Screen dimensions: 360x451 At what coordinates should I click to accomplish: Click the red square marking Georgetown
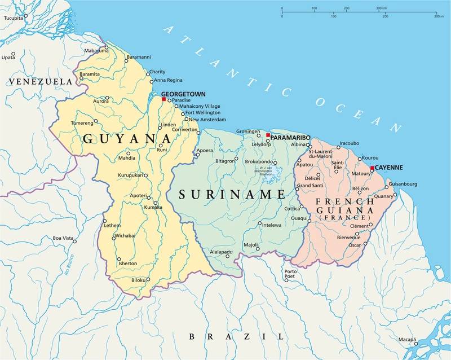pos(164,99)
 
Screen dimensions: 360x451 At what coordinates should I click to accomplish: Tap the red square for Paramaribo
pos(268,135)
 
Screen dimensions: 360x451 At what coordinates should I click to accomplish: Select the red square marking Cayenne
pos(372,168)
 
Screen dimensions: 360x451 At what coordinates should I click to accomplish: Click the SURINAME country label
pos(232,195)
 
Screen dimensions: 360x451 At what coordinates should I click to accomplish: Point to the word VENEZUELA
pos(41,82)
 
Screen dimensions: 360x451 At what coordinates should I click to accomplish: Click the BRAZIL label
pos(236,336)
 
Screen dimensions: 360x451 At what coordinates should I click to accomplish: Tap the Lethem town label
pos(112,226)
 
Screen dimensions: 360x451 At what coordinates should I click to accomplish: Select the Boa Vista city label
pos(64,238)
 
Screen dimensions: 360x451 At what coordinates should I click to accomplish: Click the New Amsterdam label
pos(207,120)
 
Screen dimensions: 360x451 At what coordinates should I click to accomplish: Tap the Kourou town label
pos(369,157)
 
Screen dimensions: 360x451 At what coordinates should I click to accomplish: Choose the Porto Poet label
pos(290,274)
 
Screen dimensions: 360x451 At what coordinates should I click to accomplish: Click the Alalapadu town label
pos(221,251)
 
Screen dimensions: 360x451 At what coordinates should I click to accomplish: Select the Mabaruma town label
pos(96,50)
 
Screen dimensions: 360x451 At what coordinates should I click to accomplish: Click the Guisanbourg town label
pos(401,184)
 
